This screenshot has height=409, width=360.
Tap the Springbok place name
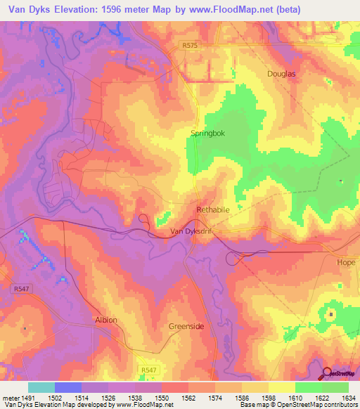pyautogui.click(x=207, y=132)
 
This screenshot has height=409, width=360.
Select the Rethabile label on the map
pyautogui.click(x=212, y=210)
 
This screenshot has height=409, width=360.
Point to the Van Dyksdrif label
pyautogui.click(x=191, y=231)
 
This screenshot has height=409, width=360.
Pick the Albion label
pyautogui.click(x=105, y=320)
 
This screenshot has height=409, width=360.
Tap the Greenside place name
pyautogui.click(x=186, y=327)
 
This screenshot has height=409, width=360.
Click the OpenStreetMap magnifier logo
pyautogui.click(x=327, y=373)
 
